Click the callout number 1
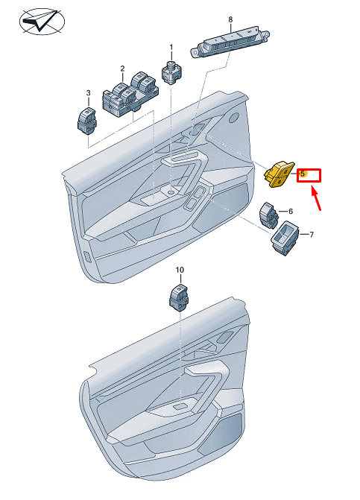click(171, 48)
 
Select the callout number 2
click(122, 69)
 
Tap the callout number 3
click(89, 93)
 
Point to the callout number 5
click(302, 174)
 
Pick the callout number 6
click(291, 211)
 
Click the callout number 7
click(312, 235)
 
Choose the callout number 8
click(230, 20)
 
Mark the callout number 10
click(180, 270)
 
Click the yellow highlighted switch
click(278, 174)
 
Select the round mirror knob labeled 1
click(172, 72)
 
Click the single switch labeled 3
click(87, 121)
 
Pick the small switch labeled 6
click(269, 215)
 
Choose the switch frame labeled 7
click(285, 238)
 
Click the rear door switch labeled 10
click(179, 297)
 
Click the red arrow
click(316, 200)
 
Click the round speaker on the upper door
click(234, 117)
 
